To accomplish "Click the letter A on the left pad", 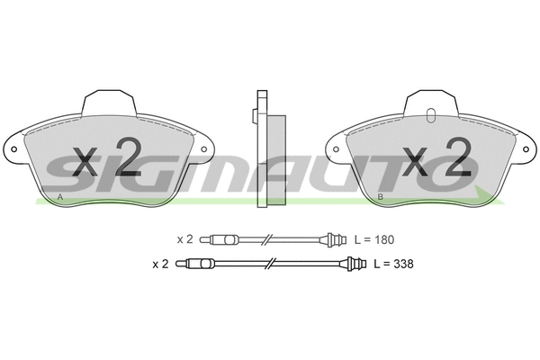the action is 60,197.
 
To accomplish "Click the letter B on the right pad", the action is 380,197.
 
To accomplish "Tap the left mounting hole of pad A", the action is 14,149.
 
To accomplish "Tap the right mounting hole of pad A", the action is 204,149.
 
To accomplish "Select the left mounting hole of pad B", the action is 336,149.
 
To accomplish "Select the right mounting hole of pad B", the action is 526,149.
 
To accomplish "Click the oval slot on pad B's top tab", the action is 430,115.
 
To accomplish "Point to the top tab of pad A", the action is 109,103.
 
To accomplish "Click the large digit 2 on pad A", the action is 128,157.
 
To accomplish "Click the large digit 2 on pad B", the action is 458,157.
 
